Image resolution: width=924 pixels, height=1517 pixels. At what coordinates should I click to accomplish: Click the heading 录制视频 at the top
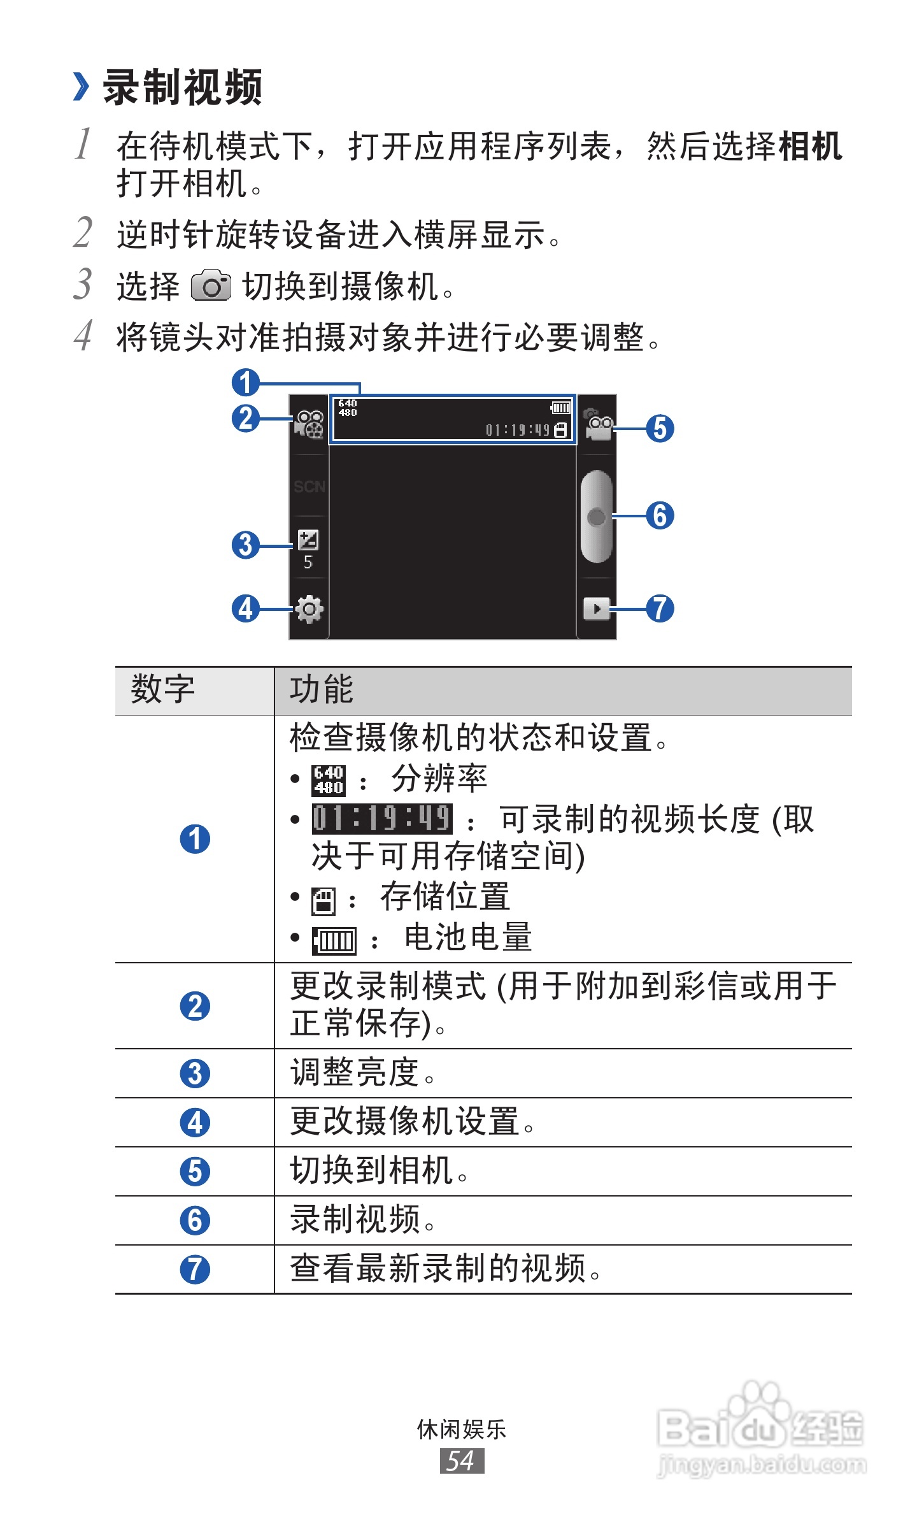coord(182,87)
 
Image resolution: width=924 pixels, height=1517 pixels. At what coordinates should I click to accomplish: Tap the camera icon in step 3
coord(211,285)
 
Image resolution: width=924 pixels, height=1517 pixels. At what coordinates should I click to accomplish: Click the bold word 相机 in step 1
coord(810,147)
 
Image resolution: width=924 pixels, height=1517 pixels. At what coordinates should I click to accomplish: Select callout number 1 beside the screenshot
coord(246,383)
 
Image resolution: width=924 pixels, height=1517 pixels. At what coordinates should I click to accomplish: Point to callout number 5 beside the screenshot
coord(660,428)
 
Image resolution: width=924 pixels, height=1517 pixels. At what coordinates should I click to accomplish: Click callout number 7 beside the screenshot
coord(660,608)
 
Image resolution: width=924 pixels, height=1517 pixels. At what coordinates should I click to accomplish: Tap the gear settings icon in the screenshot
coord(309,609)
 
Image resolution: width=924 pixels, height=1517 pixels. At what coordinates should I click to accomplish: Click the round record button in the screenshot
coord(597,517)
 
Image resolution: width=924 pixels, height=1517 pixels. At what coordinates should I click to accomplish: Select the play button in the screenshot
coord(597,608)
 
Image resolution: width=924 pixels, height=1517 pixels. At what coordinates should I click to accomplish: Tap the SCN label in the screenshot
coord(309,487)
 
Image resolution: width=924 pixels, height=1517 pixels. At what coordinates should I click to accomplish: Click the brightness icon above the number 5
coord(308,540)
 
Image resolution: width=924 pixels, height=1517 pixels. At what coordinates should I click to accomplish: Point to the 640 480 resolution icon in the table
coord(329,780)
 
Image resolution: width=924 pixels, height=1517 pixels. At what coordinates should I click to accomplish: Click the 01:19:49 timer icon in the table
coord(382,819)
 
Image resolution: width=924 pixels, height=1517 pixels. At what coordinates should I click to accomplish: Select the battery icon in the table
coord(334,940)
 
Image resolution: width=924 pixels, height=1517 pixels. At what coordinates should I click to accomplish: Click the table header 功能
coord(322,690)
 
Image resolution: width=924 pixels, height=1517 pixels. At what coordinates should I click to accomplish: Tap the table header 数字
coord(162,690)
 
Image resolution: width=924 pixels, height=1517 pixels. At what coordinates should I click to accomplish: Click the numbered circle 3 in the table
coord(195,1074)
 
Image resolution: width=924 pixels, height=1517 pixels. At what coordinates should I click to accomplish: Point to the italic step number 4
coord(83,336)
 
